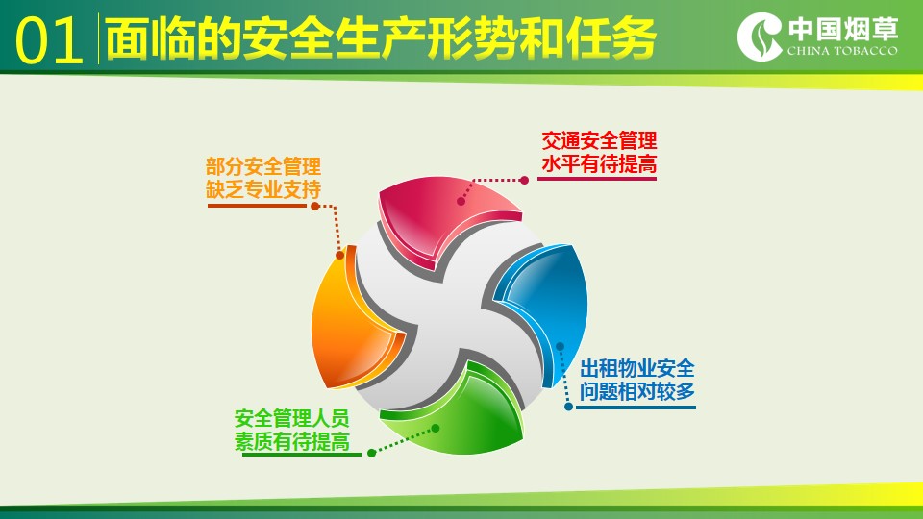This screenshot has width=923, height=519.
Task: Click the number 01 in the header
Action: pyautogui.click(x=49, y=40)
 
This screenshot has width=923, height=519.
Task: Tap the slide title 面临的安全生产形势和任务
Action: pyautogui.click(x=381, y=38)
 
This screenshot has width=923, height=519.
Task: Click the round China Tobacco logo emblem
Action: pyautogui.click(x=760, y=37)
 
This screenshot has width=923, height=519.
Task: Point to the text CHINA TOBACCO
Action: pyautogui.click(x=842, y=51)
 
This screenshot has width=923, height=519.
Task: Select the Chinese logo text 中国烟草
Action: pyautogui.click(x=843, y=29)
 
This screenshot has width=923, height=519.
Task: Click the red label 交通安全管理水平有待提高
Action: pyautogui.click(x=599, y=153)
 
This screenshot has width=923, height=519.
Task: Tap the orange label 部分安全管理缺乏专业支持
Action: pyautogui.click(x=263, y=178)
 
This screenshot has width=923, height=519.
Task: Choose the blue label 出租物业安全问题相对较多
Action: pyautogui.click(x=636, y=380)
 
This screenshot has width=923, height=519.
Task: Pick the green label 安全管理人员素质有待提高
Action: pyautogui.click(x=292, y=430)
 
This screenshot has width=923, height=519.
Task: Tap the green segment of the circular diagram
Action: pyautogui.click(x=465, y=412)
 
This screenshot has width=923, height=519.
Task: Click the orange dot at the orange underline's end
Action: pyautogui.click(x=315, y=206)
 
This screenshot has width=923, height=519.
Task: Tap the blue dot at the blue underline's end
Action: pyautogui.click(x=568, y=407)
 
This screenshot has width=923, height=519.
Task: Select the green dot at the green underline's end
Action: pyautogui.click(x=371, y=453)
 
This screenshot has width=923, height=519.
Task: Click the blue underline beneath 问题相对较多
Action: pyautogui.click(x=636, y=408)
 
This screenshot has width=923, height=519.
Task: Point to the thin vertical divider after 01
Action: pyautogui.click(x=98, y=38)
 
